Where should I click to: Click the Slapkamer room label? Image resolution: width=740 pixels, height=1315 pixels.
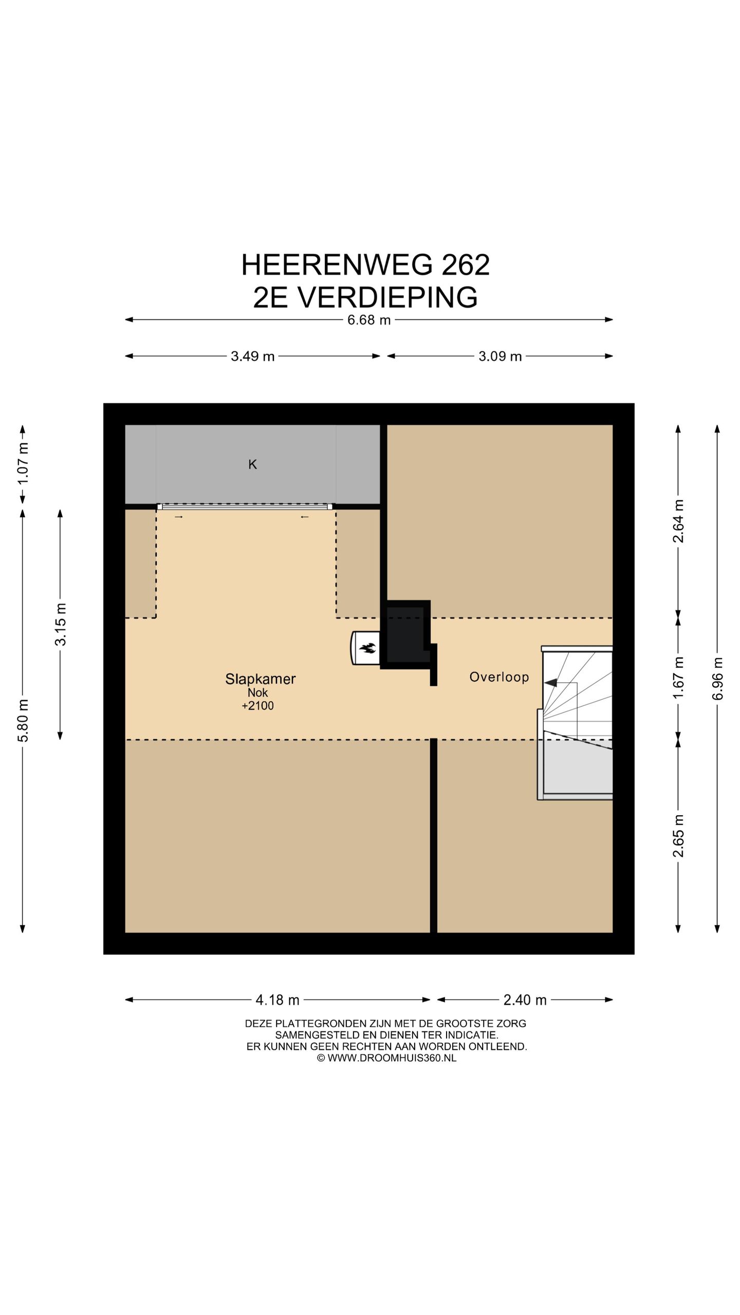point(260,679)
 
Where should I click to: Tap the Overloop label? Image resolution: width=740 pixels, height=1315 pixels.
point(499,677)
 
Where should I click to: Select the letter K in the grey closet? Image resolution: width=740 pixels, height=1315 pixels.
point(252,464)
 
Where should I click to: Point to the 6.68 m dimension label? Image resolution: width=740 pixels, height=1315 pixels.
point(369,320)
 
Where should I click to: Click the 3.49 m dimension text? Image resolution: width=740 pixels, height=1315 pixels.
point(252,356)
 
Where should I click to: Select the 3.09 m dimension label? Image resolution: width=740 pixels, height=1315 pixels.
point(500,356)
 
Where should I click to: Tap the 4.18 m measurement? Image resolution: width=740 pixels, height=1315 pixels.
point(277,1000)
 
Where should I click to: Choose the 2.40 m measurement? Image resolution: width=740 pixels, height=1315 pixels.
point(525,1000)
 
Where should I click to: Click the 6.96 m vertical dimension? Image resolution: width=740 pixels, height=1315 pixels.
point(717,678)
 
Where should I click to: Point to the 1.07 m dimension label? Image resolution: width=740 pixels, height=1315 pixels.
point(23,463)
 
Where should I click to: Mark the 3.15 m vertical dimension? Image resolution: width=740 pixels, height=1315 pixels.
point(60,624)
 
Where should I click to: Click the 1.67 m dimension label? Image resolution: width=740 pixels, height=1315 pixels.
point(678,677)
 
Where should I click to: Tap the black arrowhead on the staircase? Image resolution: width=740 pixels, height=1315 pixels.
point(550,683)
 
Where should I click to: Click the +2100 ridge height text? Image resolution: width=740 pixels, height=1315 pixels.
point(257,706)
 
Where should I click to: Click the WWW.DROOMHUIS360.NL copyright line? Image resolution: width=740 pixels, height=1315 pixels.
point(386,1058)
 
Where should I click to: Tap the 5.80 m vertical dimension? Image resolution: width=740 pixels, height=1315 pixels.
point(23,720)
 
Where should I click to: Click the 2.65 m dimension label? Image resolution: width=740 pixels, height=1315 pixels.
point(678,836)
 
